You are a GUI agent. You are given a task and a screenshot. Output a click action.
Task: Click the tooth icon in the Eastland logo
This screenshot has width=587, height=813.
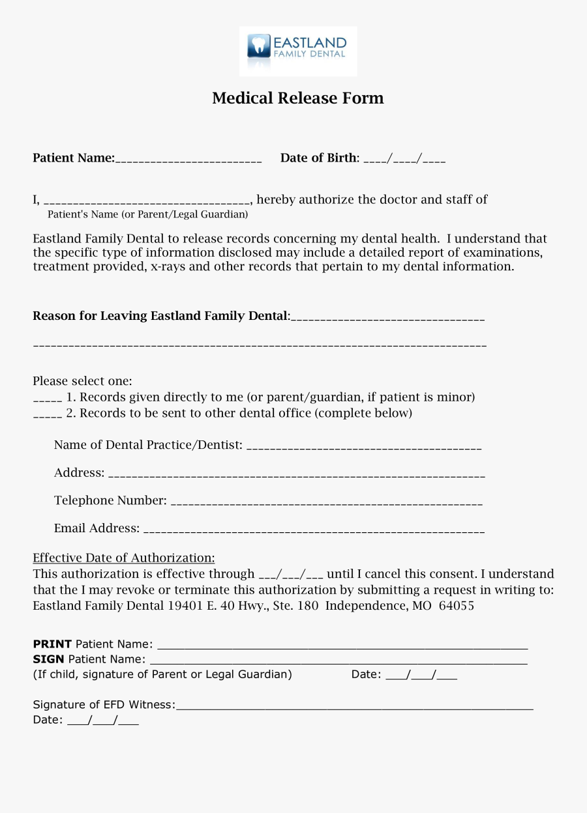tap(259, 46)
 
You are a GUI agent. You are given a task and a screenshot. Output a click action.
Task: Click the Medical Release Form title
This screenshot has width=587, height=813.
tap(298, 98)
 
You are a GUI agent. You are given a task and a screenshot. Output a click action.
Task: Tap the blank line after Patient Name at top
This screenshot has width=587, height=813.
tap(188, 160)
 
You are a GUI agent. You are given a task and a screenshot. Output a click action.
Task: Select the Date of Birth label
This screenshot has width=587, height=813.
tap(319, 158)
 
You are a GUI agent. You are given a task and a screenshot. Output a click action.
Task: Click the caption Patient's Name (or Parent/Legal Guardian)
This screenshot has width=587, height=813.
tap(148, 214)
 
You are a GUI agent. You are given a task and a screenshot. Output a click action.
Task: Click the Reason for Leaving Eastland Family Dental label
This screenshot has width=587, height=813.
tap(160, 316)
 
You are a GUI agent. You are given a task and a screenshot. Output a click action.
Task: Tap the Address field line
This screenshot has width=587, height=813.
tap(296, 476)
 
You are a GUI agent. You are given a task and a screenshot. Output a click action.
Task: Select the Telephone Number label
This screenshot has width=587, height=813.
tap(110, 500)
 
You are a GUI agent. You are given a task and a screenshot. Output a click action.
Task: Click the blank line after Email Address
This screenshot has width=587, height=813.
tap(313, 532)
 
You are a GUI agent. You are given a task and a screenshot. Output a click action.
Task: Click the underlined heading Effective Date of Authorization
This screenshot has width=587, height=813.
tap(124, 558)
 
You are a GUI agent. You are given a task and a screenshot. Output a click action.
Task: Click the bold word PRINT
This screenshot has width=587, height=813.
tap(52, 644)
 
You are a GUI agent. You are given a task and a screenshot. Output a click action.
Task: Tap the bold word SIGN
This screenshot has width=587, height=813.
tap(48, 659)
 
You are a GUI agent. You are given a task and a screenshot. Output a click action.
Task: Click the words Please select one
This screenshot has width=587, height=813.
tap(82, 381)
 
